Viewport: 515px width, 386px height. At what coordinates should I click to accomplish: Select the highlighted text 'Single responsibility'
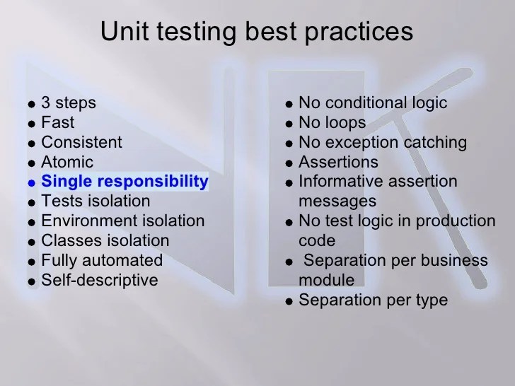[125, 182]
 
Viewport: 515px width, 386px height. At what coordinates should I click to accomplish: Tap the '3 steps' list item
[69, 103]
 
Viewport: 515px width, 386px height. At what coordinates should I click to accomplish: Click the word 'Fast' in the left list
[58, 122]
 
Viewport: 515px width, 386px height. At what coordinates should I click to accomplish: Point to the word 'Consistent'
[81, 142]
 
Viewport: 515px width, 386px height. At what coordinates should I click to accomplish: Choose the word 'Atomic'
[67, 162]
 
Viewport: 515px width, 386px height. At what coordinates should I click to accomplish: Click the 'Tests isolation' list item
[96, 201]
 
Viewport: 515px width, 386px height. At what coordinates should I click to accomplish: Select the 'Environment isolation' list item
[122, 221]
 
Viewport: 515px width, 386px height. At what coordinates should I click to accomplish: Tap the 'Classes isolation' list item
[105, 241]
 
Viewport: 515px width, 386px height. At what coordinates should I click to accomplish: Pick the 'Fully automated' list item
[102, 261]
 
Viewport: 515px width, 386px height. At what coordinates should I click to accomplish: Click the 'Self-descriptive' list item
[100, 281]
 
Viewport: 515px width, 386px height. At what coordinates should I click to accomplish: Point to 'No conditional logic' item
[373, 103]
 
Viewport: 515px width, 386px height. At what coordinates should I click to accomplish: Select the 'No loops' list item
[332, 122]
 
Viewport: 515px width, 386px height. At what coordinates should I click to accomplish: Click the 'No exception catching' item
[383, 142]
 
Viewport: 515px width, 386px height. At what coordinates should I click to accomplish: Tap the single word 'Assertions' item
[338, 162]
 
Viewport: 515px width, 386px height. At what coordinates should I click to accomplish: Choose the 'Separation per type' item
[373, 300]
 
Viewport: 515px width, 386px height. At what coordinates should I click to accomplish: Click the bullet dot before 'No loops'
[289, 124]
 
